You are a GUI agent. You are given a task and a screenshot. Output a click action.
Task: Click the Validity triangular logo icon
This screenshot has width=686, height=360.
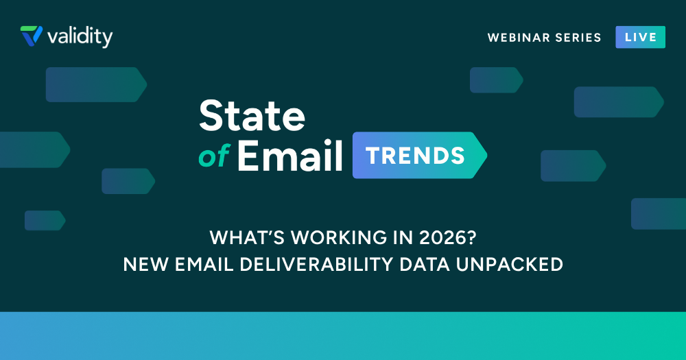point(32,36)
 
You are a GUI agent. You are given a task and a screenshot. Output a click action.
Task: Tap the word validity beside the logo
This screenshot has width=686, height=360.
point(80,37)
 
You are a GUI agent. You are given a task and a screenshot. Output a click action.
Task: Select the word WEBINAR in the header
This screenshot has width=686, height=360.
point(512,38)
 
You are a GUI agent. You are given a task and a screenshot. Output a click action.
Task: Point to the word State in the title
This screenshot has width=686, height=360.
point(252,115)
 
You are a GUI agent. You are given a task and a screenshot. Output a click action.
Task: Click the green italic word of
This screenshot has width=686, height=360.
point(214,156)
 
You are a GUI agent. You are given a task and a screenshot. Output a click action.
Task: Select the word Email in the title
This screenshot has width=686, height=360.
point(289,156)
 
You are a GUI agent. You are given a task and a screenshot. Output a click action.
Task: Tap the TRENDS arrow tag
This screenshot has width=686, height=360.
point(420,155)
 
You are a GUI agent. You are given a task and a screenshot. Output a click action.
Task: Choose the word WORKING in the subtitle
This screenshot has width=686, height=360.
point(339,237)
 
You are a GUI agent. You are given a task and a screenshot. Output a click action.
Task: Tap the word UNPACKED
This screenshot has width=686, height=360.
point(510,265)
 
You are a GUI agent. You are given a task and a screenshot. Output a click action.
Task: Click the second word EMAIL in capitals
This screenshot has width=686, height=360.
point(204,265)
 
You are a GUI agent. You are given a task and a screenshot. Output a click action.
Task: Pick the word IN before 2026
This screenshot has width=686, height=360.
point(403,237)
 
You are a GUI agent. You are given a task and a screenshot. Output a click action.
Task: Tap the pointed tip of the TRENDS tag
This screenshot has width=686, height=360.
point(486,155)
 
